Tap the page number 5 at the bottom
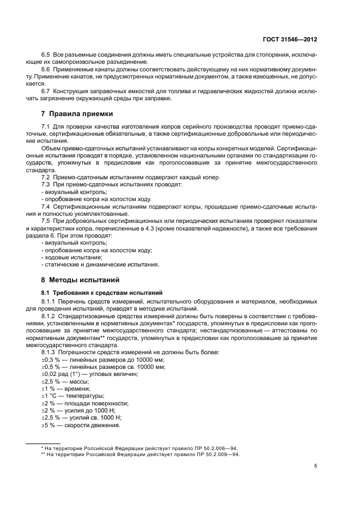click(x=315, y=466)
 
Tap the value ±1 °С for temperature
click(x=50, y=396)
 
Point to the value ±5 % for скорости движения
click(x=48, y=425)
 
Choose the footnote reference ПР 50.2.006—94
click(x=211, y=447)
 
